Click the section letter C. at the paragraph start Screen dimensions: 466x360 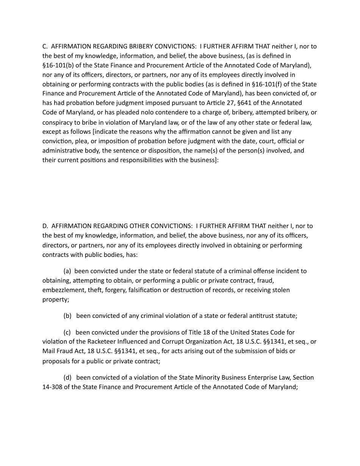click(45, 46)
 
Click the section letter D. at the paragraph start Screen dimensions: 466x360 click(45, 226)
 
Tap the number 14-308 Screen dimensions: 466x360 click(52, 387)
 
